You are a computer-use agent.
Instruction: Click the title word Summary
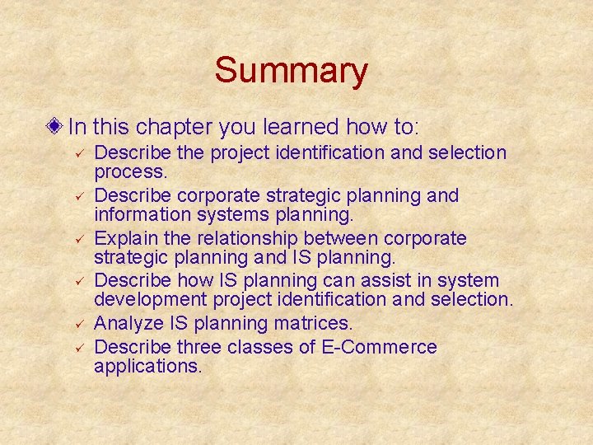(291, 71)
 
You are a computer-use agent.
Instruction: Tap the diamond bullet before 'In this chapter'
(55, 127)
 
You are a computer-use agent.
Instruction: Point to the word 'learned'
(301, 127)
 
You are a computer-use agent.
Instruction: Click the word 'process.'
(131, 173)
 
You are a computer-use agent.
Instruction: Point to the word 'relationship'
(252, 239)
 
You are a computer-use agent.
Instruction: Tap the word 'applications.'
(148, 367)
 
